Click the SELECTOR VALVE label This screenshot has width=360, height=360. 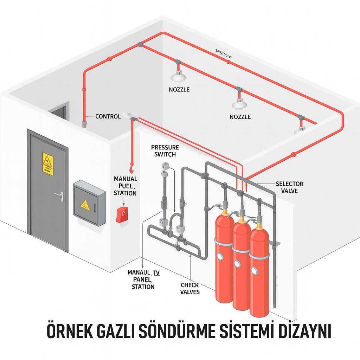click(289, 187)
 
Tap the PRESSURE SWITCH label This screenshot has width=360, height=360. click(165, 150)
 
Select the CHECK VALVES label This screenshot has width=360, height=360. click(190, 288)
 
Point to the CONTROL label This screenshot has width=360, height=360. click(108, 116)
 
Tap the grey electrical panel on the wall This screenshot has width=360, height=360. click(89, 203)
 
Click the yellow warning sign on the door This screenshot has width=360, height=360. click(48, 163)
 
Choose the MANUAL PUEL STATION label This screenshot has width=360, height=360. click(126, 186)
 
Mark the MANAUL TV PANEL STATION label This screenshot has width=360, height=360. click(143, 279)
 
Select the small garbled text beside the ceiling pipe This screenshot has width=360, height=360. click(222, 53)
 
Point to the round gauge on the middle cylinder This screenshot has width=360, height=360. click(237, 264)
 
